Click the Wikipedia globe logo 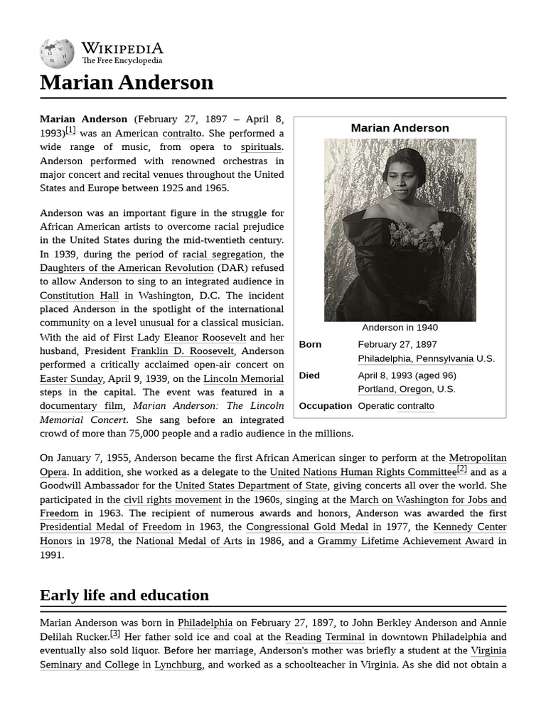point(57,53)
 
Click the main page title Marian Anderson point(127,82)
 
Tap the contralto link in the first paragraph point(183,133)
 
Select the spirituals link point(262,147)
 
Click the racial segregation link point(223,254)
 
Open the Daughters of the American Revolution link point(127,268)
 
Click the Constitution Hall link point(79,296)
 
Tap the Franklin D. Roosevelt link point(183,351)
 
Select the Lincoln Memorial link point(243,379)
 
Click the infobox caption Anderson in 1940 point(400,328)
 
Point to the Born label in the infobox point(310,345)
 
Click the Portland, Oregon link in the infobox point(395,390)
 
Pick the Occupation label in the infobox point(326,406)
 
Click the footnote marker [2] point(461,469)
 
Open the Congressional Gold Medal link point(306,527)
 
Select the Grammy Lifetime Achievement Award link point(405,541)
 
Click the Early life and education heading point(124,595)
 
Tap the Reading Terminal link point(325,637)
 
